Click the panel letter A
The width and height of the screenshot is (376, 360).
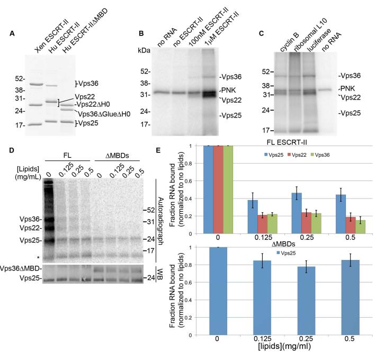[x=12, y=34]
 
